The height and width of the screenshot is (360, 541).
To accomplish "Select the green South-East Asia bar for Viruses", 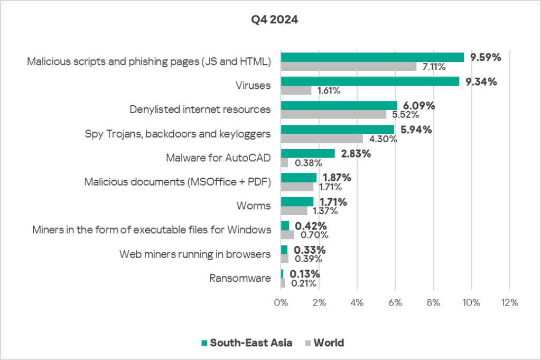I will (x=370, y=81).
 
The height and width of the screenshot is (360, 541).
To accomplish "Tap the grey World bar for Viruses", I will (x=296, y=90).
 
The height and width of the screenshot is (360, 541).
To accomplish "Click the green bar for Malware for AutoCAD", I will (x=307, y=153).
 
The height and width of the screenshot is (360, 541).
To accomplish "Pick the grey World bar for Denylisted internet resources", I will (x=333, y=114).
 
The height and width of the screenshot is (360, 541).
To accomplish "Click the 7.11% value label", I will (x=434, y=67).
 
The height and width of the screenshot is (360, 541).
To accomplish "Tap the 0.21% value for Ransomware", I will (x=304, y=283).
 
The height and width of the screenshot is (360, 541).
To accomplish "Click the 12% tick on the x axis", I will (x=509, y=303).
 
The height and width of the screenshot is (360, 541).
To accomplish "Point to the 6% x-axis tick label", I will (x=395, y=303).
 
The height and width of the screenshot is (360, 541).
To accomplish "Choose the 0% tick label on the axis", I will (x=281, y=303).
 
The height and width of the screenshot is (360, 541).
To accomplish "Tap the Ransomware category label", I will (x=240, y=278).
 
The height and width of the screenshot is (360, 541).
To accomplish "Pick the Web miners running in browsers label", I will (x=195, y=254).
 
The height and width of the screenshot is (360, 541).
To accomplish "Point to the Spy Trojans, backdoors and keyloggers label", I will (x=178, y=134).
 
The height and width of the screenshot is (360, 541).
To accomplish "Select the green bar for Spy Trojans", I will (x=337, y=130).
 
